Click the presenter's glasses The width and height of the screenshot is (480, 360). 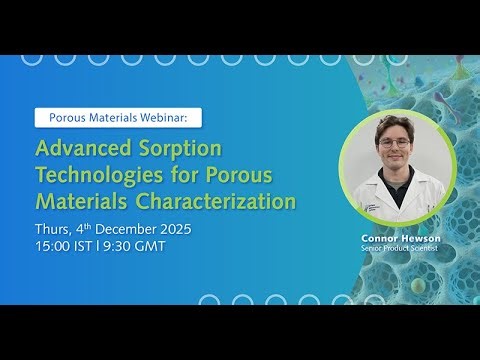(392, 142)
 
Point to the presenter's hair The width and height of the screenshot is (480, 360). (392, 124)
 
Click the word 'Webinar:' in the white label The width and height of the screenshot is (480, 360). (169, 117)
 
